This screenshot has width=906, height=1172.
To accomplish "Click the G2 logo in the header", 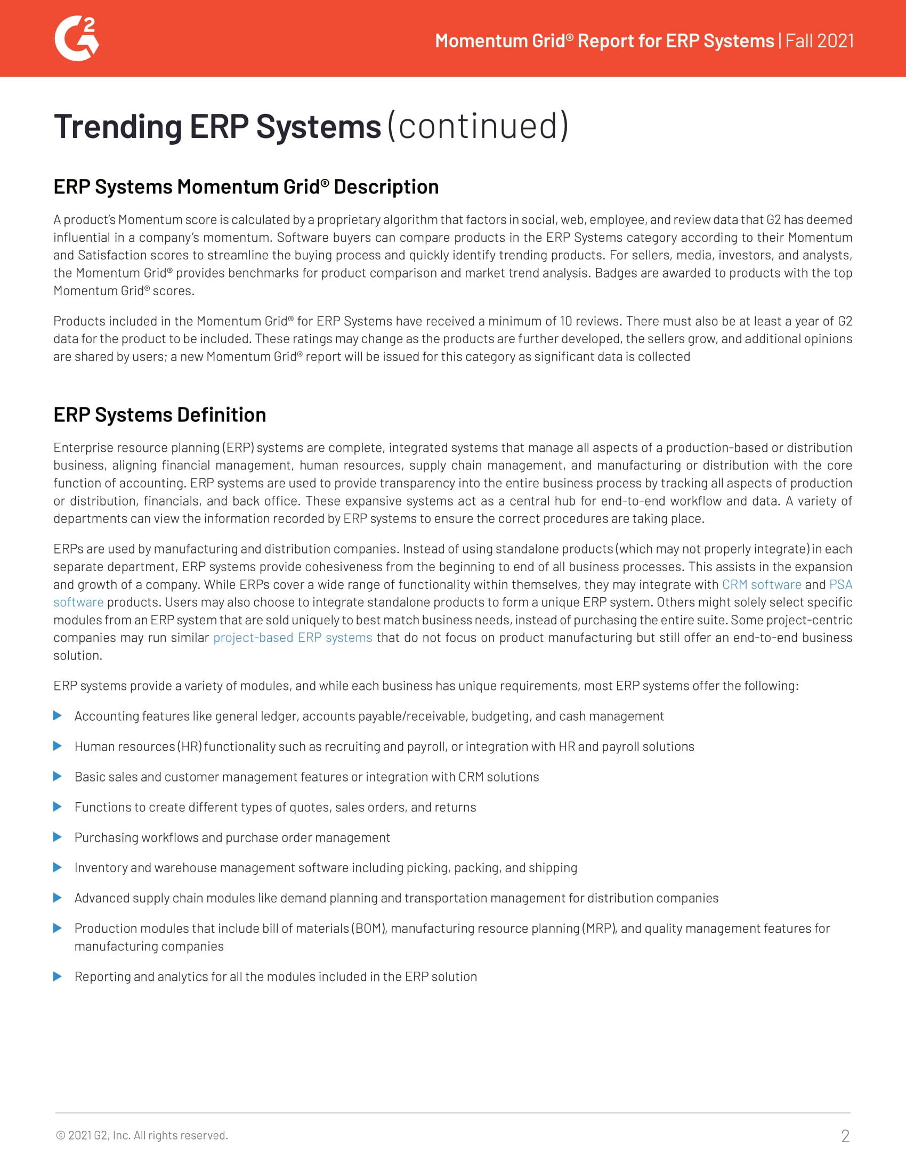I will tap(77, 39).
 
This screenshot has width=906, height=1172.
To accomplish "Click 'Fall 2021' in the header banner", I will tap(820, 41).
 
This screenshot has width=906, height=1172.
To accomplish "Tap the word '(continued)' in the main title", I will tap(478, 127).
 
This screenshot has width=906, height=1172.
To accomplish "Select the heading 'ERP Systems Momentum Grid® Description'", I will tap(246, 187).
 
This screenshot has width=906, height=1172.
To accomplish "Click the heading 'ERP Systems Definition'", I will tap(159, 415).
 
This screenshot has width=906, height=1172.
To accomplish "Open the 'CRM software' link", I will tap(761, 584).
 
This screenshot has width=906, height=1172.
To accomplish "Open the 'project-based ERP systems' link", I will tap(293, 638).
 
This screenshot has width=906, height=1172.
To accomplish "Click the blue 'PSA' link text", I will tap(840, 584).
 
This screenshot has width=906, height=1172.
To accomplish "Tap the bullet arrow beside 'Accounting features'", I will tap(58, 716).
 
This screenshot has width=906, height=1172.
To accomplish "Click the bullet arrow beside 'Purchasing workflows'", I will tap(58, 837).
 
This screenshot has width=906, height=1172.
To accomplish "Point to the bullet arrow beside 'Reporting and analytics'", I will tap(58, 976).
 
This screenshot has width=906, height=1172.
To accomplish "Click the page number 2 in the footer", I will tap(845, 1136).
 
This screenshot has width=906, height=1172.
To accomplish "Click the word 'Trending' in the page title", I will tap(118, 127).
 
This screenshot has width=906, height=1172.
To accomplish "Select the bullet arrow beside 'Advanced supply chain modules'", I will tap(58, 898).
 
